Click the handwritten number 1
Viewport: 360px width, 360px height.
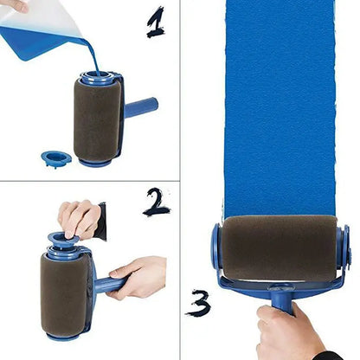(155, 22)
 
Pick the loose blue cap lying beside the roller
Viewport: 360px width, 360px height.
(56, 158)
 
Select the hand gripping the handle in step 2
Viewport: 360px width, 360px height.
(138, 277)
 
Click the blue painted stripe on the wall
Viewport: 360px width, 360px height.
(277, 104)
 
